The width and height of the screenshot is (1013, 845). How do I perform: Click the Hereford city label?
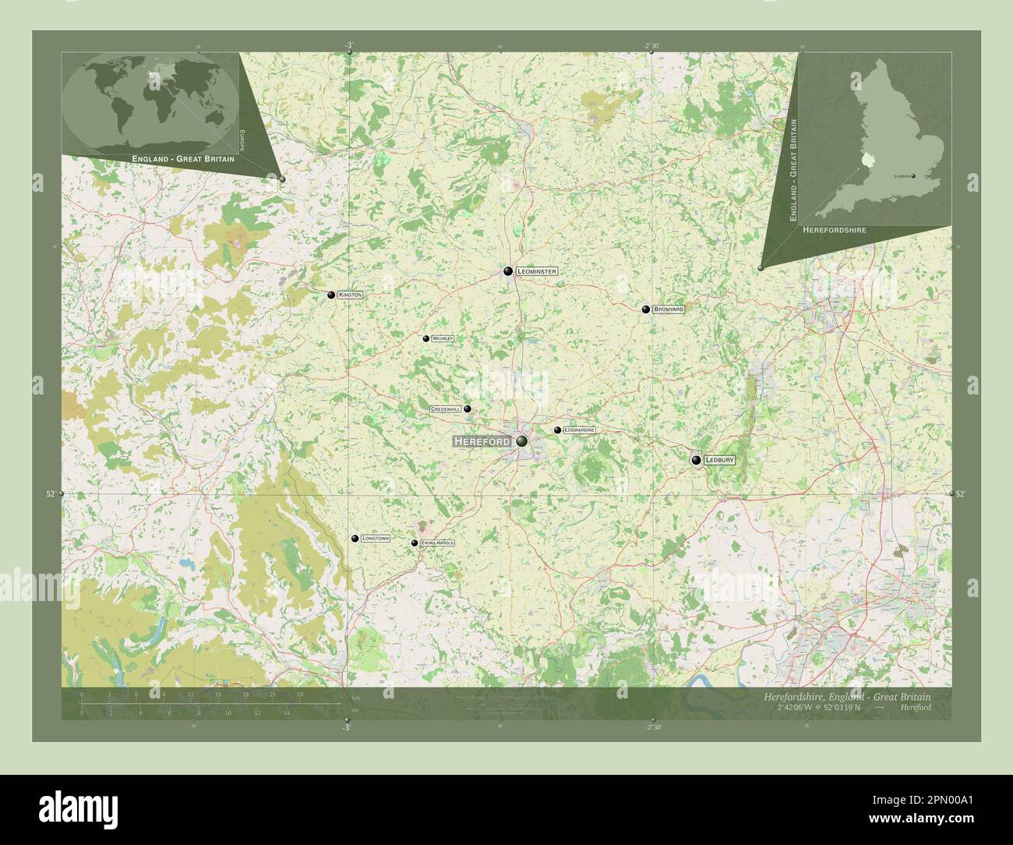482,441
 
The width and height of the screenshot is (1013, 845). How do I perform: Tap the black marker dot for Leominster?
508,271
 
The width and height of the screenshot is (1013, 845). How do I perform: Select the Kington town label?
351,295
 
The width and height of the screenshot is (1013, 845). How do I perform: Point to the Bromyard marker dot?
646,309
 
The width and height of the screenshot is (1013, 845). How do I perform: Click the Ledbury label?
719,461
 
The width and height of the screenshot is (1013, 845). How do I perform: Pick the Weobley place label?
443,339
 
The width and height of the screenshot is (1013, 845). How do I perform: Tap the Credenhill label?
446,409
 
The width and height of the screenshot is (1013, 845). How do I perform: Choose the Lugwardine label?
580,430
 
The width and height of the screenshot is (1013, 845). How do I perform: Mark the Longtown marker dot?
355,539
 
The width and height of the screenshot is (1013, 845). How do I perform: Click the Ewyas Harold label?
436,543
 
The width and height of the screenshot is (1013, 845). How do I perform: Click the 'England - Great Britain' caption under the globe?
183,158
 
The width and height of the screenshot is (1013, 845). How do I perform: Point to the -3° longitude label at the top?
348,45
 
